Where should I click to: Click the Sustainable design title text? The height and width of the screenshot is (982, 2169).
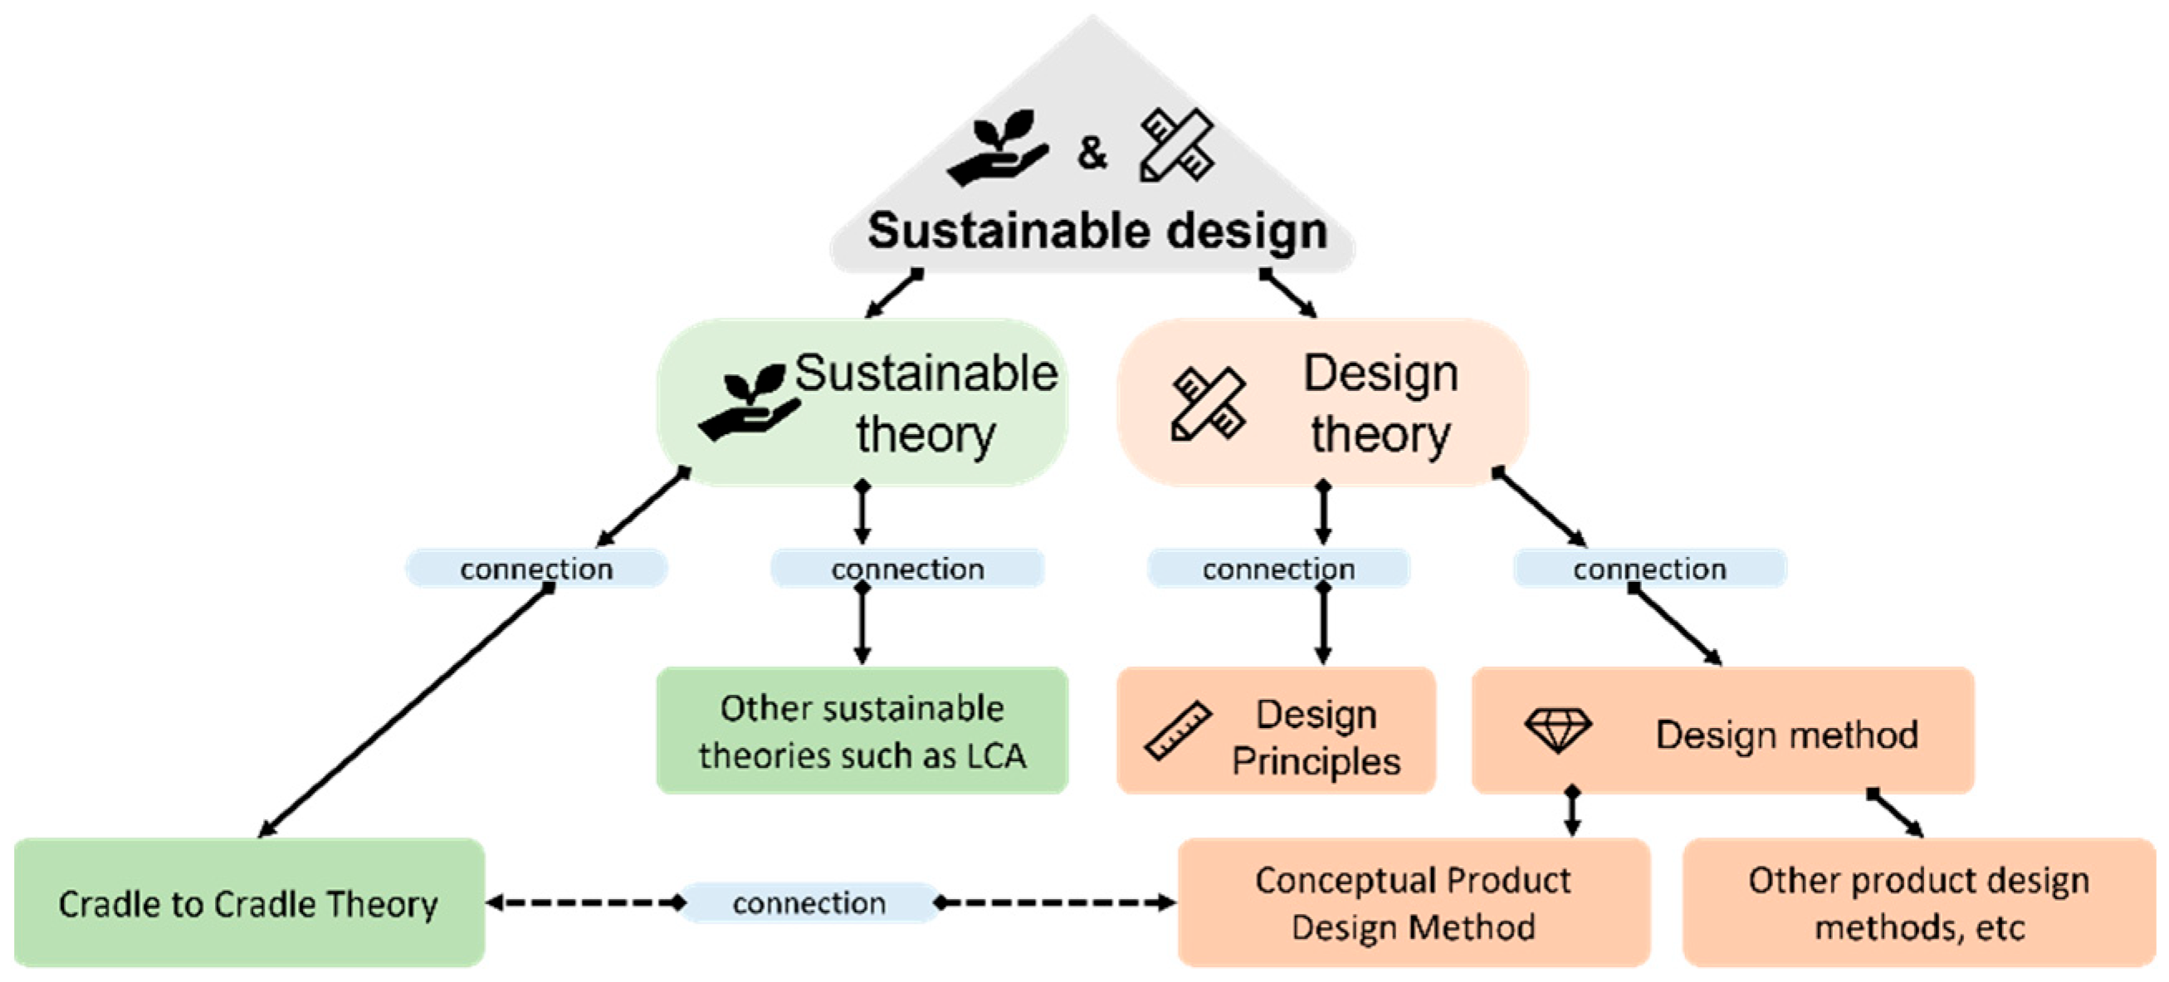tap(1097, 231)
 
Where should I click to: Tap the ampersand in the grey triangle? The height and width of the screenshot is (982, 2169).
tap(1092, 153)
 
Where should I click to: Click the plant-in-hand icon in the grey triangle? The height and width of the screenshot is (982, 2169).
tap(999, 147)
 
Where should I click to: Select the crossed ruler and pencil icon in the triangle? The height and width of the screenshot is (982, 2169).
tap(1176, 145)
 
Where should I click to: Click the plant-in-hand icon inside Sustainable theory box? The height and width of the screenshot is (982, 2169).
tap(749, 402)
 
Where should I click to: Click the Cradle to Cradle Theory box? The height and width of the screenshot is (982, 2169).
tap(249, 903)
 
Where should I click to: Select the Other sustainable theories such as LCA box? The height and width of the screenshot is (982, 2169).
tap(862, 731)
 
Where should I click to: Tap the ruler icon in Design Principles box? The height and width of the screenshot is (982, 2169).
tap(1178, 730)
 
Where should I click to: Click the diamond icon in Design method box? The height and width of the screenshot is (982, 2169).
tap(1558, 730)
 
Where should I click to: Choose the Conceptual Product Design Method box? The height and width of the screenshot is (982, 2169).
tap(1413, 903)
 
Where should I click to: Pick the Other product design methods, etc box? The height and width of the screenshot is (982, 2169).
tap(1918, 903)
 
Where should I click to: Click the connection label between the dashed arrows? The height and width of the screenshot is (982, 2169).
tap(808, 904)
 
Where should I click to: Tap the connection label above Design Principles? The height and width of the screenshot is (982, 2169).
tap(1278, 569)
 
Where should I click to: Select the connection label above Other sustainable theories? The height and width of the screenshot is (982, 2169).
tap(906, 569)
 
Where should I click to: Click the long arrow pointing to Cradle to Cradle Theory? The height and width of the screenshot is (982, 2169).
tap(404, 711)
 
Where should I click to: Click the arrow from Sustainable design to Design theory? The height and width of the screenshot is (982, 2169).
tap(1288, 293)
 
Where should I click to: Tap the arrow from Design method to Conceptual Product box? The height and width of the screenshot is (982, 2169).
tap(1572, 813)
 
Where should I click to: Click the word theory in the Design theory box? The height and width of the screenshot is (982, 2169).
tap(1381, 436)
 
